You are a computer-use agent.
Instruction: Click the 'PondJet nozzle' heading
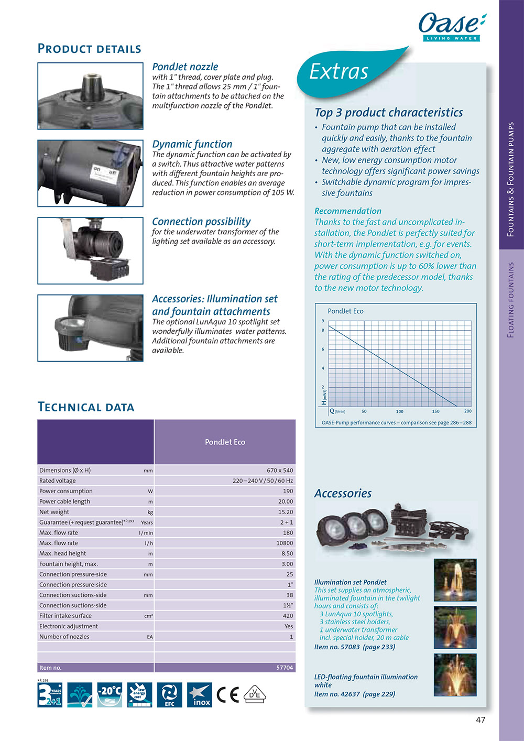coord(185,67)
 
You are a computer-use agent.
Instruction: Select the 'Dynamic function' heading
coord(192,144)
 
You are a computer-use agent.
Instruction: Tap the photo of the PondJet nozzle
coord(90,96)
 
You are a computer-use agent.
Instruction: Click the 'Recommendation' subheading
coord(347,211)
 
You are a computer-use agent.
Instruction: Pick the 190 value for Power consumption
coord(288,491)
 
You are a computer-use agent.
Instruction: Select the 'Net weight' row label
coord(54,512)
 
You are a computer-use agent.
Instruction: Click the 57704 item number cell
coord(285,668)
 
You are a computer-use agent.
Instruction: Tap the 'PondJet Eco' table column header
coord(225,442)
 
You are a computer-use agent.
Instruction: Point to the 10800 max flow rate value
coord(285,543)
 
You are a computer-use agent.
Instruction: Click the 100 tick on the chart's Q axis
coord(400,411)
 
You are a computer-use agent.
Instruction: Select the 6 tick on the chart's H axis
coord(323,349)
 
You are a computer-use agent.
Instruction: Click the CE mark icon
coord(227,695)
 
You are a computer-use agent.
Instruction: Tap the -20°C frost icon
coord(110,695)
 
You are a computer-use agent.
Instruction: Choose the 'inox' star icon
coord(200,695)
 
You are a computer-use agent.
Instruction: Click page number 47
coord(481,720)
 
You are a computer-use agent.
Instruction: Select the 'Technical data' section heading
coord(86,407)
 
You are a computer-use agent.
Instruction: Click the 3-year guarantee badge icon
coord(50,695)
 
